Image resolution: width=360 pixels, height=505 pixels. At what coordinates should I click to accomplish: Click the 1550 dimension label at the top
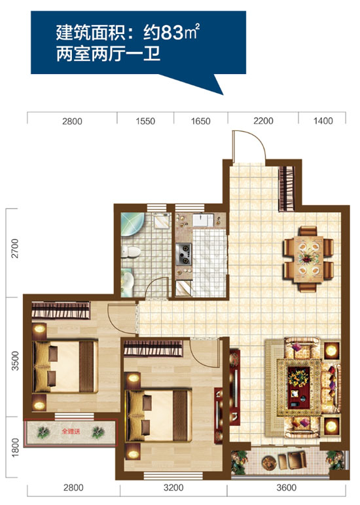[145, 121]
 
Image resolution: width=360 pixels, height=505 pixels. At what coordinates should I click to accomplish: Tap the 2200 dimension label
[263, 121]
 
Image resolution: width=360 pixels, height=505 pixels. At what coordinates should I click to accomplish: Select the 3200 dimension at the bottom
[173, 487]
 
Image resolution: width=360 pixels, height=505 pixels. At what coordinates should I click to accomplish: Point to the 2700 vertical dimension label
[15, 248]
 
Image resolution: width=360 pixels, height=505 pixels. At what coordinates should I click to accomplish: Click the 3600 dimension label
[286, 487]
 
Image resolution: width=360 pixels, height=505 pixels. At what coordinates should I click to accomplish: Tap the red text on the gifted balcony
[71, 431]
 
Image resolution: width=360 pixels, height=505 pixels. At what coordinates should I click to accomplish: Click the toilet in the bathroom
[131, 252]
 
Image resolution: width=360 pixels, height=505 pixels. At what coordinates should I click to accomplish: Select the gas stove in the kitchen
[184, 254]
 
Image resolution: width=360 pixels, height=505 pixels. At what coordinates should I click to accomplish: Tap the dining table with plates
[308, 259]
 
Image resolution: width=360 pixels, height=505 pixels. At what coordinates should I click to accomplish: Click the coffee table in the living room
[298, 388]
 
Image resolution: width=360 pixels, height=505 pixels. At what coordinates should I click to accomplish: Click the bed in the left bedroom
[65, 367]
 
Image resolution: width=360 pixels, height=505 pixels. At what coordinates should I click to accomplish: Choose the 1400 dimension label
[323, 121]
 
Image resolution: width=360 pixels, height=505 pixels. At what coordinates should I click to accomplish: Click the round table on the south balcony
[268, 463]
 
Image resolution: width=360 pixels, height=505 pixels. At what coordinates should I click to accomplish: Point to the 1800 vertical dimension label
[15, 447]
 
